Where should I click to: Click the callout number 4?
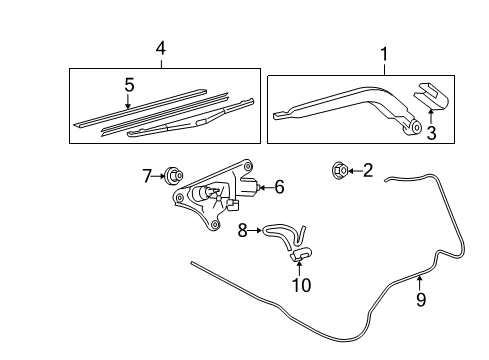pos(161,49)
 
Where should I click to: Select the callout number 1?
pos(384,54)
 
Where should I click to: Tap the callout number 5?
pos(129,85)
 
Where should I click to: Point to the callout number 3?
pos(431,133)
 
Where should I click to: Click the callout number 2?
pos(368,170)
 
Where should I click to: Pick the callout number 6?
pos(279,187)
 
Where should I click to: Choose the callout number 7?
pos(147,176)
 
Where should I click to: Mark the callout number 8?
pos(243,230)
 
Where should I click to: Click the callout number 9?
pos(421,299)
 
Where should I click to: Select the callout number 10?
pos(301,285)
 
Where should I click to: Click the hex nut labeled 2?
pos(340,171)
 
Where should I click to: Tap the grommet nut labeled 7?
pos(174,175)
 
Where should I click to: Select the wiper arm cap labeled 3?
pos(431,96)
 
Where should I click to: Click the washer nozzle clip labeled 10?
pos(300,254)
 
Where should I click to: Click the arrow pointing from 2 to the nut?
pos(355,171)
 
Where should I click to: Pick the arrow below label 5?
pos(128,101)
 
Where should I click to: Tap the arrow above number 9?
pos(420,283)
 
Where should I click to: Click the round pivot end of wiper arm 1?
pos(416,127)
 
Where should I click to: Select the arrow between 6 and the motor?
pos(266,188)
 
